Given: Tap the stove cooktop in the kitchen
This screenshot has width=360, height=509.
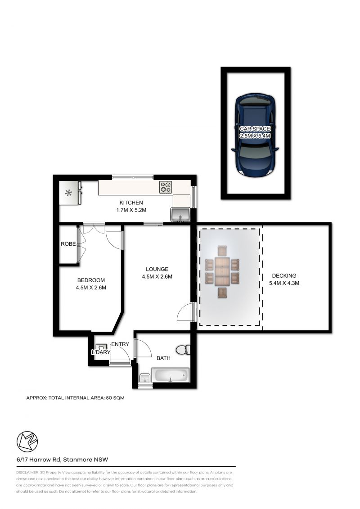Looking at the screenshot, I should tap(165, 187).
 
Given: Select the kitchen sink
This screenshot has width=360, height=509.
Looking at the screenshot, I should tap(180, 215).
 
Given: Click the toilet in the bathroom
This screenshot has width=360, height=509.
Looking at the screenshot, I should tap(184, 350).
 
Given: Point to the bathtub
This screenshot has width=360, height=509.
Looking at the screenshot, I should tap(171, 374).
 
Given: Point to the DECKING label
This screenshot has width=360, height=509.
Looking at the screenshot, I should tap(284, 276).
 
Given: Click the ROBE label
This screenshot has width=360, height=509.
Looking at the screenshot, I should tap(68, 244).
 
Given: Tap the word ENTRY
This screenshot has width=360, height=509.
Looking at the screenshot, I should tap(120, 344).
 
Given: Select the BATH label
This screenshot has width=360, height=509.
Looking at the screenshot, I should tap(163, 359).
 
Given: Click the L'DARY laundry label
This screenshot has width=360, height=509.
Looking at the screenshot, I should tap(100, 352).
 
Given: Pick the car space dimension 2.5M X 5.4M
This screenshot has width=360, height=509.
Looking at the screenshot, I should tap(255, 136).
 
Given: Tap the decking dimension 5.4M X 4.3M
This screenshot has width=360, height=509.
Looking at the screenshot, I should tap(284, 283).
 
